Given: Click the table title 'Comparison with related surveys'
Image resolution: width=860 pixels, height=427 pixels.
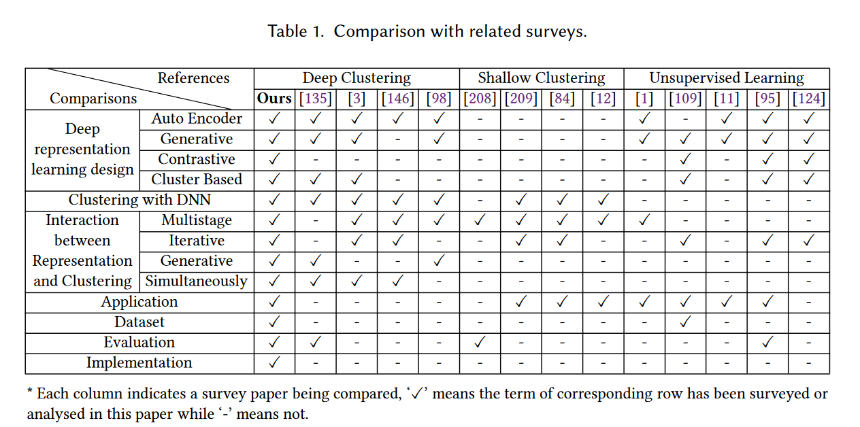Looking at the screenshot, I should [x=460, y=31].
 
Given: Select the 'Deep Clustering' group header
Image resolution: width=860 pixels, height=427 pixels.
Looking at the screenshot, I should [x=357, y=78].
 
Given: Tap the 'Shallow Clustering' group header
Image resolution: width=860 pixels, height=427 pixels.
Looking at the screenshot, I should [x=541, y=78].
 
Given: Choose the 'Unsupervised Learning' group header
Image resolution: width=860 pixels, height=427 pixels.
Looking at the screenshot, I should [x=726, y=78].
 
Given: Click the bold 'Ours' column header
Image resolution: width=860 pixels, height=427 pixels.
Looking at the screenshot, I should [x=274, y=99].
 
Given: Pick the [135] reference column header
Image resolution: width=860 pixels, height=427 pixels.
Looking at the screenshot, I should [x=316, y=99].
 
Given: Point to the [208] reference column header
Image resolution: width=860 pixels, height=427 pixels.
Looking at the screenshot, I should [x=480, y=99].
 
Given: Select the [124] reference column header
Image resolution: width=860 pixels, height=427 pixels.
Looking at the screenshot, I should [x=808, y=99].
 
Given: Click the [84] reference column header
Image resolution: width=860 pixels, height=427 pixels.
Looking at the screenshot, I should [x=561, y=99].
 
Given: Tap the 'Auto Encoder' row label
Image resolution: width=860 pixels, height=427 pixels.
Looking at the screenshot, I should [x=197, y=119].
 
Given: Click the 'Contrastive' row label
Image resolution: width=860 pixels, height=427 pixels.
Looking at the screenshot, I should [x=197, y=160].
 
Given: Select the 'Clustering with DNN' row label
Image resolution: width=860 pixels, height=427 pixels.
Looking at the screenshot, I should [x=139, y=200].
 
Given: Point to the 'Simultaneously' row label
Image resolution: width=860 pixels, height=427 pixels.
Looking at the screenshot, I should [x=197, y=281].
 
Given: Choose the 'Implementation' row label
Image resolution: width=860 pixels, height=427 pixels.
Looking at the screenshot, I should [x=139, y=363].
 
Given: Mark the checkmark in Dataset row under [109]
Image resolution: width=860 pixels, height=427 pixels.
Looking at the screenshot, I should [x=685, y=322].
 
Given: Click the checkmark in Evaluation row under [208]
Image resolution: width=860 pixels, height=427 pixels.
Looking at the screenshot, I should [x=480, y=343].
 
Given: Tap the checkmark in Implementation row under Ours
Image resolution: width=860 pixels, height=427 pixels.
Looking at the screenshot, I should [x=274, y=363].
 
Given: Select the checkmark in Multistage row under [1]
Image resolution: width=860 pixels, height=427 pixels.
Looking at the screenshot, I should [x=644, y=220].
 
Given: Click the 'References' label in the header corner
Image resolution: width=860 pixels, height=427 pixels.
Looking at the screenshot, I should [x=193, y=78].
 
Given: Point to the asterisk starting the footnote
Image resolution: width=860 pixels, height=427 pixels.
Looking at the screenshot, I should [x=30, y=393].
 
